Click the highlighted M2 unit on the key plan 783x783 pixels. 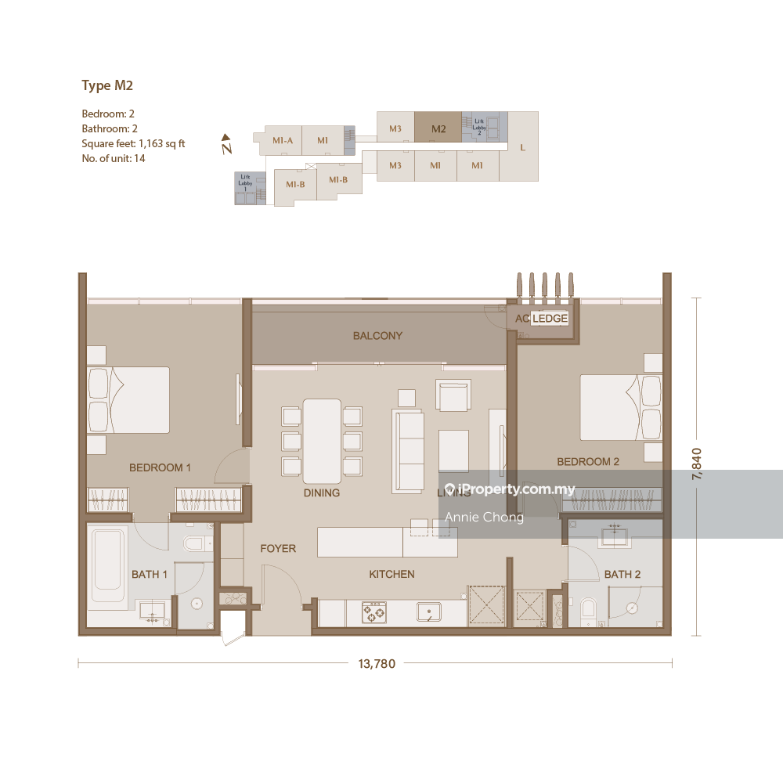tap(438, 129)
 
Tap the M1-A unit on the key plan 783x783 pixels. tap(282, 141)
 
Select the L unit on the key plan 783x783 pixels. tap(522, 147)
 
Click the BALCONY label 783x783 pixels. tap(377, 336)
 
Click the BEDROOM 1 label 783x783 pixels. tap(160, 467)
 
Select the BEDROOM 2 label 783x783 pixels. tap(587, 462)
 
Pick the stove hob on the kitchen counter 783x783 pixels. tap(373, 612)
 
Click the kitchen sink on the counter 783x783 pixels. tap(428, 612)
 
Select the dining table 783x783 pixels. tap(322, 441)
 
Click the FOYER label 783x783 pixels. tap(278, 549)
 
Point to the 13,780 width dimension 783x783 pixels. tap(377, 664)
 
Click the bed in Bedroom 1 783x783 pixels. tap(129, 399)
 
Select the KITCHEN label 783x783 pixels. tap(391, 574)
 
